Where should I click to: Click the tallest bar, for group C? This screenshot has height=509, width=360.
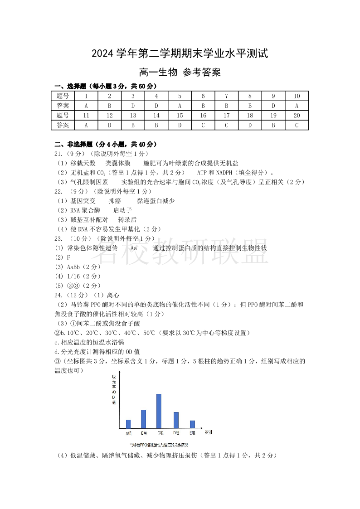pos(159,411)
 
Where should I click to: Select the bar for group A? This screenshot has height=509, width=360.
pos(128,424)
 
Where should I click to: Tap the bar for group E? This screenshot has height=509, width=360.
pos(192,424)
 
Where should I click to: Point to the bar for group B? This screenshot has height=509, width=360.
pos(143,419)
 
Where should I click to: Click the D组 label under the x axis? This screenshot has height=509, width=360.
pos(176,433)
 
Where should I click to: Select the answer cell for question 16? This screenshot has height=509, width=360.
pos(203,125)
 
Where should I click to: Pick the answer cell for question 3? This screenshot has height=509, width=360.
pos(133,106)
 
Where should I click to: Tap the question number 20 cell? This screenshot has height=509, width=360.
pos(297,116)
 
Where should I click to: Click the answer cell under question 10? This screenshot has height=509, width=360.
pos(297,106)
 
